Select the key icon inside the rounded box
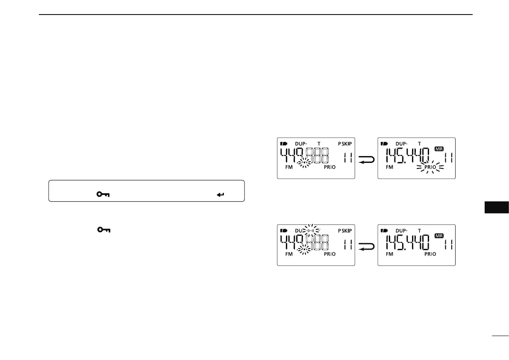[103, 195]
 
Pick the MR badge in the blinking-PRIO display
[439, 149]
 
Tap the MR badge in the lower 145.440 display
[439, 236]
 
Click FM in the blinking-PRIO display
[389, 168]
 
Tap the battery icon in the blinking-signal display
[284, 230]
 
